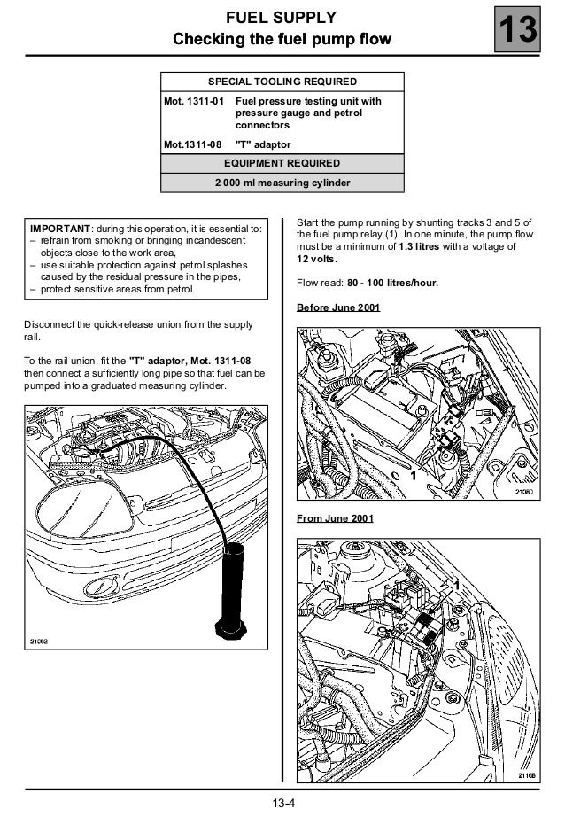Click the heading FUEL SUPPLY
point(282,18)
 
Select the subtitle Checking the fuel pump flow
point(282,39)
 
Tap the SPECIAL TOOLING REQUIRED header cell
point(282,82)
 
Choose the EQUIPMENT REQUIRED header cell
point(282,163)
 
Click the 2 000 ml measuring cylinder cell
point(282,183)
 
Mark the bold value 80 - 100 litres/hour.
point(392,284)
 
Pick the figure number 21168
point(524,774)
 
